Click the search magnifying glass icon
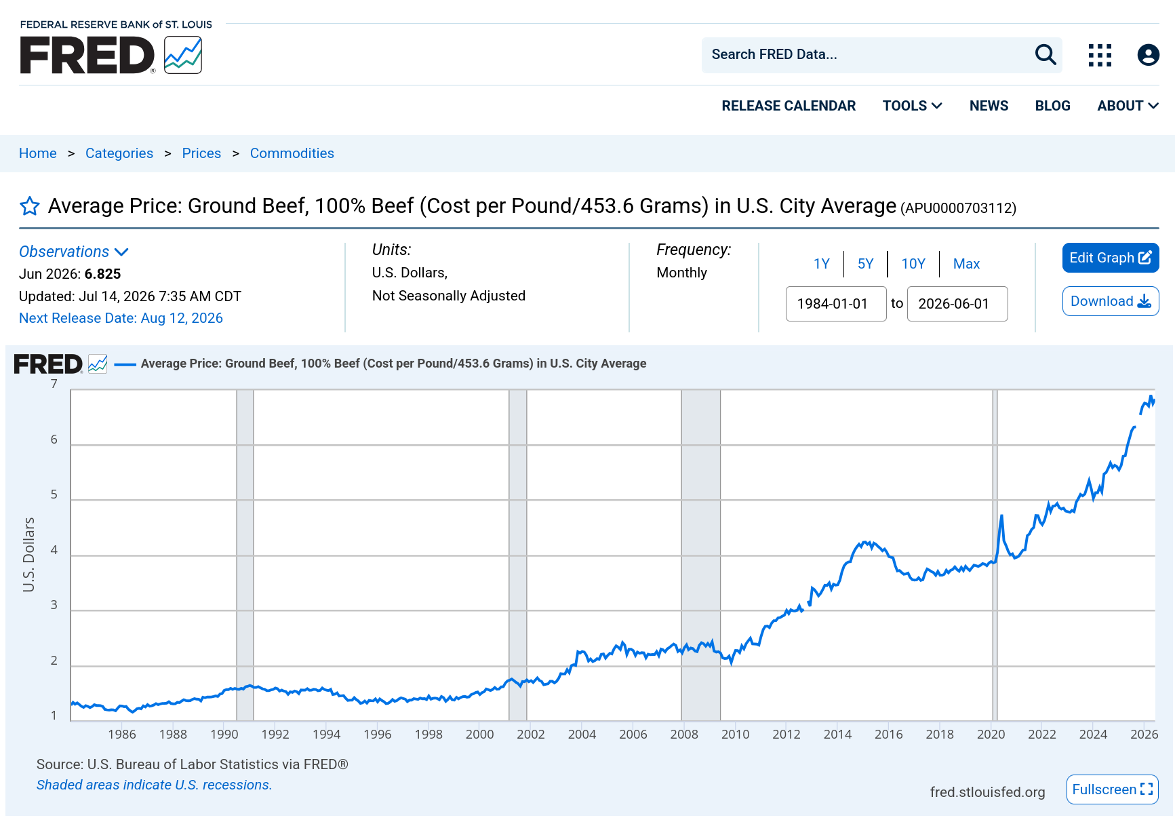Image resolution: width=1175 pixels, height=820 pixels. (x=1045, y=54)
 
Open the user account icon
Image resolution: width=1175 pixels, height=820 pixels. (x=1148, y=55)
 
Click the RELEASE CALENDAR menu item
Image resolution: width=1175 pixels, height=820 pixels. (x=789, y=106)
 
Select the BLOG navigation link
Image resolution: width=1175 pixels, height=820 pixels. (x=1052, y=106)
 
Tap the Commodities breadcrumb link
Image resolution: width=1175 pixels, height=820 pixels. (x=292, y=153)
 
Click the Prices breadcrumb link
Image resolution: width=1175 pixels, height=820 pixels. (x=201, y=153)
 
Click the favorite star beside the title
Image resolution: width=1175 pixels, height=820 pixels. (x=30, y=206)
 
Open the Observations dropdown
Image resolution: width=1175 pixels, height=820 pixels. (x=74, y=252)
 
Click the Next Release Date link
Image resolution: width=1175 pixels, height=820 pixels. (x=121, y=318)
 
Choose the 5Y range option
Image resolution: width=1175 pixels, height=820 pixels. (x=865, y=264)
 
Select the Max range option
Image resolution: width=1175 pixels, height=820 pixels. (x=966, y=264)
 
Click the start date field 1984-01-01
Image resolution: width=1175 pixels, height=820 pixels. (x=836, y=304)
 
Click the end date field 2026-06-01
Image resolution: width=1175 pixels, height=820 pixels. (x=957, y=304)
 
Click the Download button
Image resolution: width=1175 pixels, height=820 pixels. (x=1111, y=301)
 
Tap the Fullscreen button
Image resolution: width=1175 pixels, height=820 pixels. (x=1112, y=789)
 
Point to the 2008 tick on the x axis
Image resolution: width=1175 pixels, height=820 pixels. (x=684, y=734)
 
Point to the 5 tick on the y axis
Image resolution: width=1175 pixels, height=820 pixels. (x=54, y=494)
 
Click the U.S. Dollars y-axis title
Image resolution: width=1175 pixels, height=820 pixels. (x=28, y=555)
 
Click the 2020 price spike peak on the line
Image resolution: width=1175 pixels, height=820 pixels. (x=1001, y=516)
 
